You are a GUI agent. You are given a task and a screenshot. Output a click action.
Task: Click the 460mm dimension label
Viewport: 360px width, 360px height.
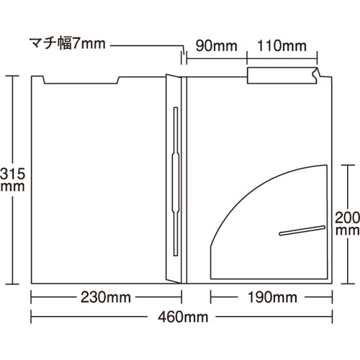(183, 317)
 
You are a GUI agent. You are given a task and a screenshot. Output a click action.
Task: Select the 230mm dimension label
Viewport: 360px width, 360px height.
(106, 297)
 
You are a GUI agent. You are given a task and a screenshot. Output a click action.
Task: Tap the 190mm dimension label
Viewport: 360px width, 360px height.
(272, 297)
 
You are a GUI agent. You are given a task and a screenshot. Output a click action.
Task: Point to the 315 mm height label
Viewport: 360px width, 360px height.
(12, 179)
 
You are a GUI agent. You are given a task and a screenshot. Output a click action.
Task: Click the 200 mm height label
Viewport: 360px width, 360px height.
(347, 223)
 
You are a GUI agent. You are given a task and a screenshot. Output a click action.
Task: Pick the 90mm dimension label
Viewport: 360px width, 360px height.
(217, 45)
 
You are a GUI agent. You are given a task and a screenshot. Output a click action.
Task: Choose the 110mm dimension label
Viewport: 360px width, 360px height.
(282, 45)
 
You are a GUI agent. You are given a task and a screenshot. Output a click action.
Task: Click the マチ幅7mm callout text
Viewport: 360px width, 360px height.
(68, 44)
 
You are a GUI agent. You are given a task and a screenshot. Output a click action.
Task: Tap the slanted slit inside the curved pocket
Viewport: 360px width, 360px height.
(302, 230)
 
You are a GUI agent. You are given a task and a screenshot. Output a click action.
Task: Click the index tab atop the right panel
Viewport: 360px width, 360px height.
(282, 76)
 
